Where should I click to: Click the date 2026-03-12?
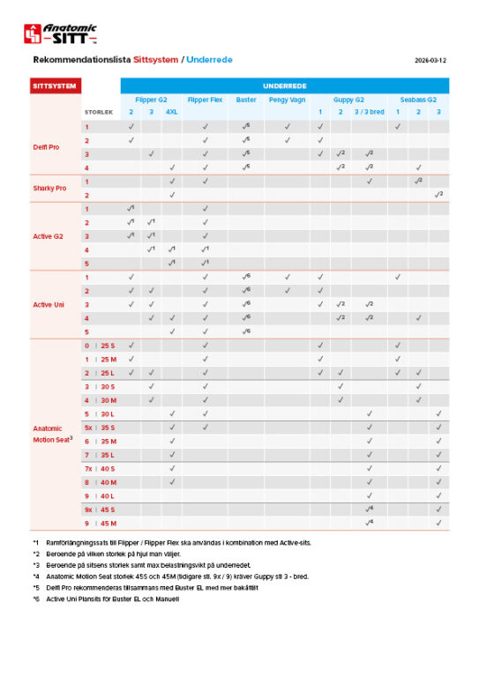coord(430,61)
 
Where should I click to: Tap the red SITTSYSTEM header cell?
coord(56,86)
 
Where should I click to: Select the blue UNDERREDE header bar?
coord(284,86)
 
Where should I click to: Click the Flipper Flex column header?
coord(205,100)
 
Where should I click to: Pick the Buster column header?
coord(246,100)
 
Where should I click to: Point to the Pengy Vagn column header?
coord(287,100)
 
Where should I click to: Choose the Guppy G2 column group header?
coord(348,100)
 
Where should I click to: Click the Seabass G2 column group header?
coord(418,100)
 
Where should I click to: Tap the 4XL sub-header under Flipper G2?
coord(172,113)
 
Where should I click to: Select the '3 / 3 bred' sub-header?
coord(369,113)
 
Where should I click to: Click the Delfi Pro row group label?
coord(46,147)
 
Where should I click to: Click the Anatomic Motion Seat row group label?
coord(53,433)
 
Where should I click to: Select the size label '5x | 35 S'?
coord(100,427)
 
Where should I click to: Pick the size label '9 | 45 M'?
coord(100,523)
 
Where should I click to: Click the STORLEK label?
coord(98,113)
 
